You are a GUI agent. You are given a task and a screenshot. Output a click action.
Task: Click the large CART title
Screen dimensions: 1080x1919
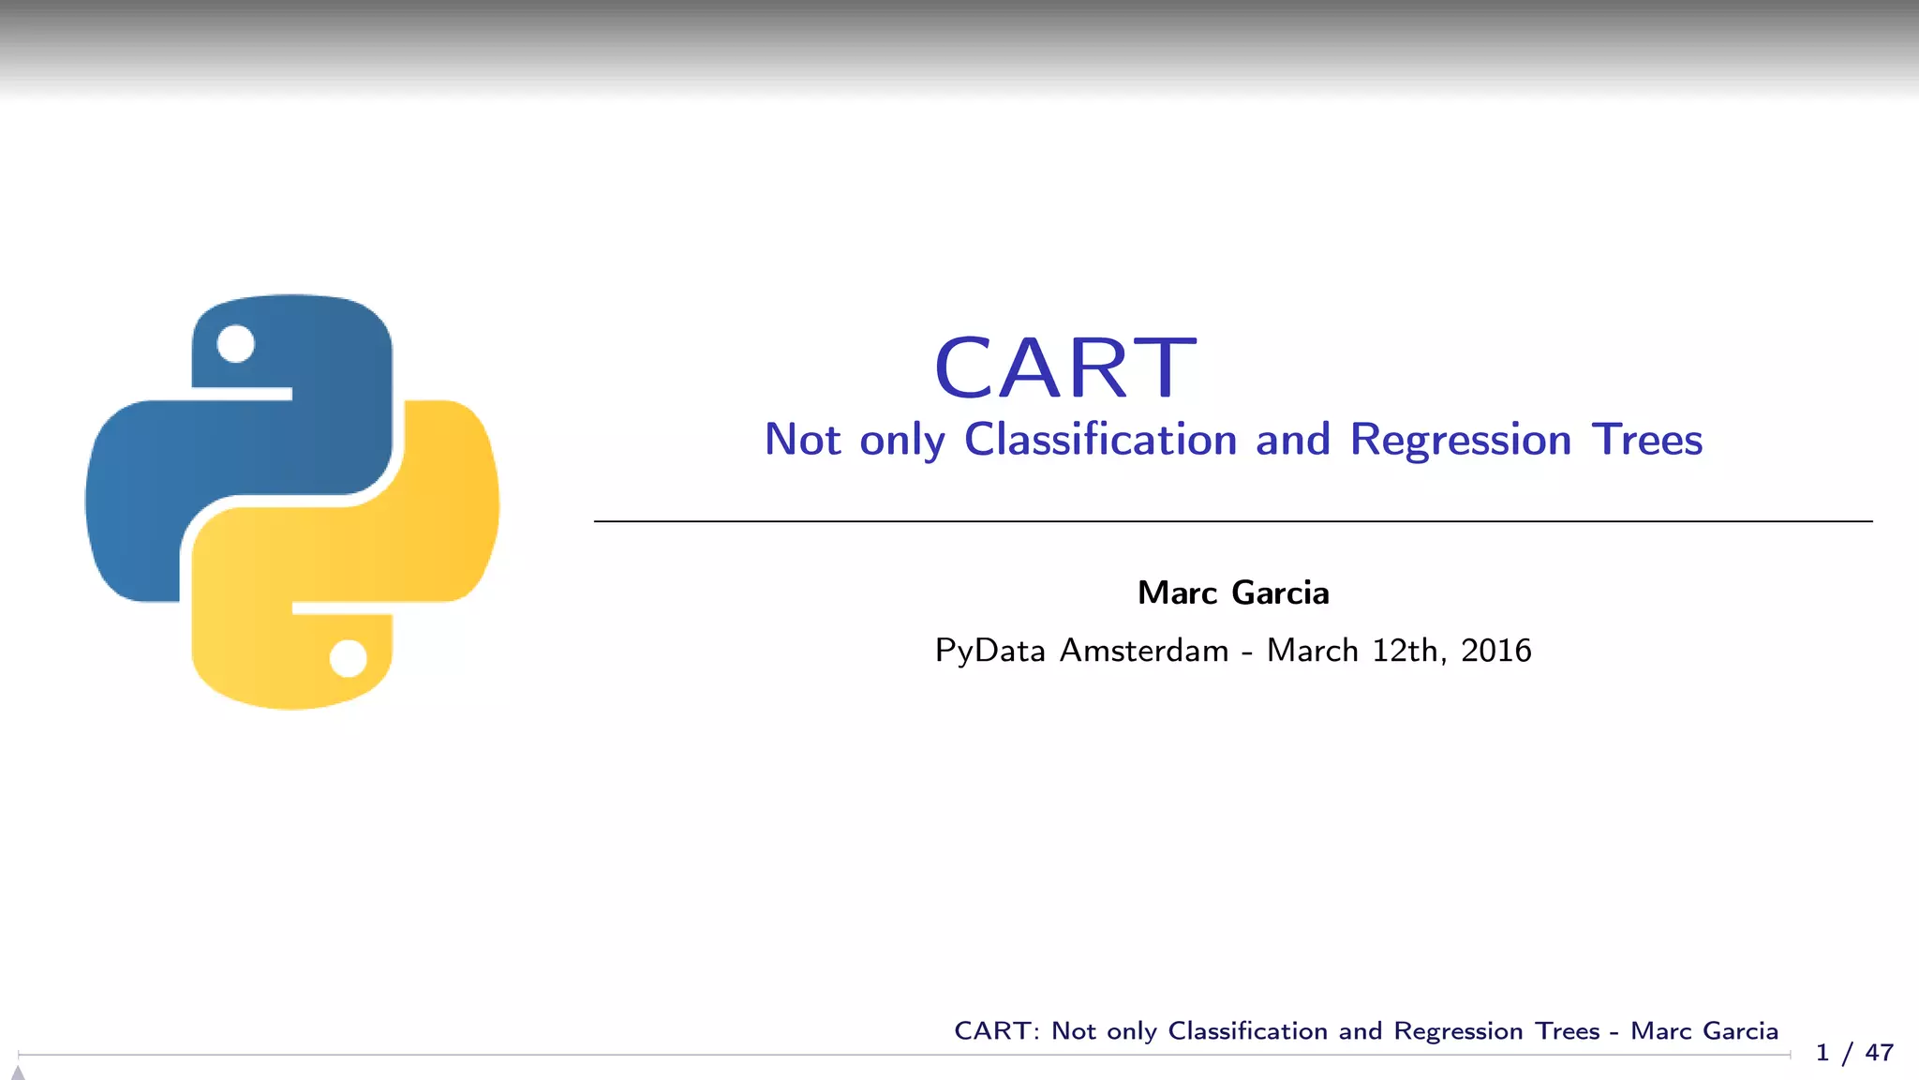(1065, 367)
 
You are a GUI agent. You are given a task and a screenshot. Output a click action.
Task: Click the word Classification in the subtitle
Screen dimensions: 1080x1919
(1100, 440)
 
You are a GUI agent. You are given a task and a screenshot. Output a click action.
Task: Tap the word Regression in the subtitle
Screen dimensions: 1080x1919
(1460, 440)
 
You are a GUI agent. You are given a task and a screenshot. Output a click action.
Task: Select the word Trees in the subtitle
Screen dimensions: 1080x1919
(1646, 440)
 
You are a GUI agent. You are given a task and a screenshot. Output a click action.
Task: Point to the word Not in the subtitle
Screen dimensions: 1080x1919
(803, 440)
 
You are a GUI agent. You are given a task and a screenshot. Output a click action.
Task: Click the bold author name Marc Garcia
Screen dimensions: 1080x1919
(1233, 593)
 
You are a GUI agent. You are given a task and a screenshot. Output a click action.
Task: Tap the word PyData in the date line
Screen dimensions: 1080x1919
(989, 651)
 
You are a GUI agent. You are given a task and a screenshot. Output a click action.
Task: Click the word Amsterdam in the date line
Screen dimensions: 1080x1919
(1143, 651)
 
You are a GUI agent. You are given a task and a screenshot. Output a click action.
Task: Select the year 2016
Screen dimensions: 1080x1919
(1495, 651)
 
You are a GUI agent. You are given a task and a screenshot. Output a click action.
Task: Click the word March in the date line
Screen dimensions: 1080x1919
(1312, 651)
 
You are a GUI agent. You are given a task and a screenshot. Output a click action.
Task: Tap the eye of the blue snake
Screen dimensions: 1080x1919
(235, 344)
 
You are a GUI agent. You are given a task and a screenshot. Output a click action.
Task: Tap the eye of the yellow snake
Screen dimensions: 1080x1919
(349, 658)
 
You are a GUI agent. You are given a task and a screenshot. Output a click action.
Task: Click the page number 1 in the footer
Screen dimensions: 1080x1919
(1822, 1053)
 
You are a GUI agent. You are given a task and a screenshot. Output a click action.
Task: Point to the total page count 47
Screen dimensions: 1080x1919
(1879, 1053)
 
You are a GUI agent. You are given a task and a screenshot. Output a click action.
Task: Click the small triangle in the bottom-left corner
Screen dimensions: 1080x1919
(17, 1072)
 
